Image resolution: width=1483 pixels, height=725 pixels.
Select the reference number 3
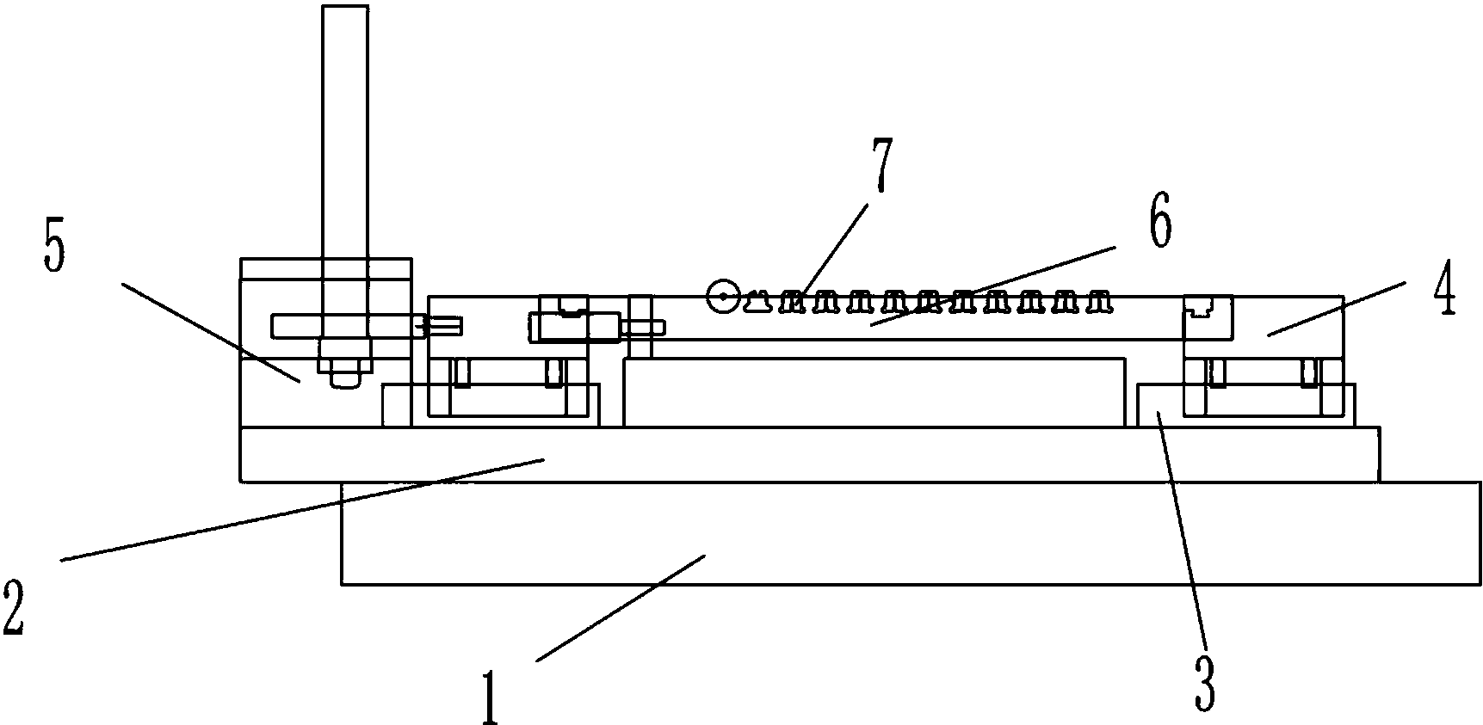point(1205,684)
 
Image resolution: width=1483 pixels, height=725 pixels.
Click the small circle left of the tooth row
point(721,297)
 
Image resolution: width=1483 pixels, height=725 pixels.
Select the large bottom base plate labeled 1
point(911,533)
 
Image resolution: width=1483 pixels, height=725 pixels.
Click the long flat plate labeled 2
point(809,453)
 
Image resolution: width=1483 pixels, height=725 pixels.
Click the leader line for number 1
point(621,607)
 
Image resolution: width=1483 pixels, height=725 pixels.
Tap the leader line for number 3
point(1183,528)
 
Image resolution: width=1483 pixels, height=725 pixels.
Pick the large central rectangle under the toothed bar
point(874,392)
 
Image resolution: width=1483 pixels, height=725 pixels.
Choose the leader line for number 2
point(301,510)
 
